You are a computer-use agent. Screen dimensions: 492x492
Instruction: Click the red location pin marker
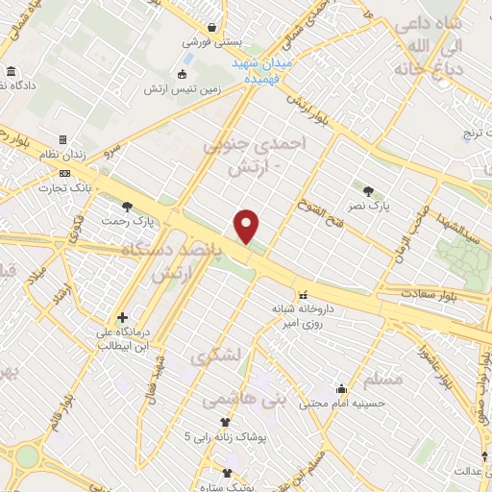click(248, 226)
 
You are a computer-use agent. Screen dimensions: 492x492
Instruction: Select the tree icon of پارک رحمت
click(127, 206)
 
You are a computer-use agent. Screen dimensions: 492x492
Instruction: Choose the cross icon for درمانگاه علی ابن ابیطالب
click(122, 318)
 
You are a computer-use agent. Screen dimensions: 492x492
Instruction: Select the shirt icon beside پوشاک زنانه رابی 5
click(225, 422)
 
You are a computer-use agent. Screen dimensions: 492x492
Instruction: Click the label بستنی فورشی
click(209, 42)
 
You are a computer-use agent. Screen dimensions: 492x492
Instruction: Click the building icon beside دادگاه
click(11, 73)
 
